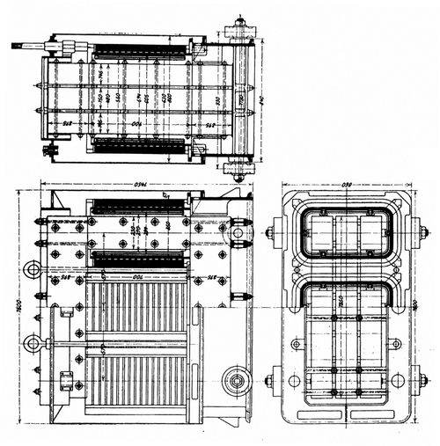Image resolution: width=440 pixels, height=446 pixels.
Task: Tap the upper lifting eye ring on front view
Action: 33,268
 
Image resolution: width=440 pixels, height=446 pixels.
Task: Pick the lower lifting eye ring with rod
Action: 33,342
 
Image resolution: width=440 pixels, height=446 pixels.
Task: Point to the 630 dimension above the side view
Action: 347,185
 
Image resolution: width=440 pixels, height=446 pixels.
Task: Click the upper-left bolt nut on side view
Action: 270,233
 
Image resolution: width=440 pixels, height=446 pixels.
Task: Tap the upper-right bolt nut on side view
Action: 423,233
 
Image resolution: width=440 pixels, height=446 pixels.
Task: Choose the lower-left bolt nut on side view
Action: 270,381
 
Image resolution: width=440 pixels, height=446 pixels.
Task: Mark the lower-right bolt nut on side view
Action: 423,381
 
